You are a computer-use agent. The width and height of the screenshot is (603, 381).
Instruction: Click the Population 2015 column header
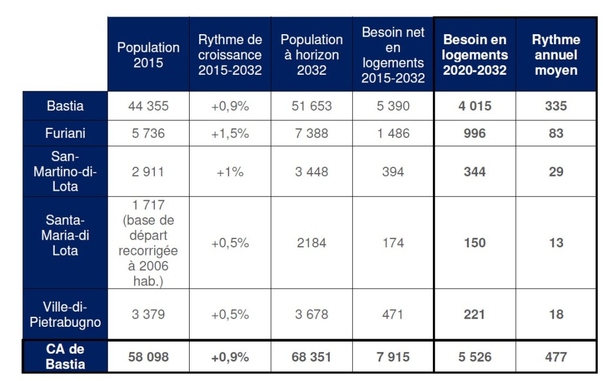click(148, 55)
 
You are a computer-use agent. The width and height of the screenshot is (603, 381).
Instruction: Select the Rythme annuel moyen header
click(556, 55)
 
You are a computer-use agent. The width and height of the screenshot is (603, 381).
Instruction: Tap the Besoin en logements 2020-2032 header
click(475, 55)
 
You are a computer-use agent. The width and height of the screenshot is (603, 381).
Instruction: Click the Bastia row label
click(65, 106)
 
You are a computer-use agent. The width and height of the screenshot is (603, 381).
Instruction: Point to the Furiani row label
click(65, 133)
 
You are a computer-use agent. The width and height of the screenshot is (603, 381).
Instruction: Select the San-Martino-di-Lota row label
click(65, 171)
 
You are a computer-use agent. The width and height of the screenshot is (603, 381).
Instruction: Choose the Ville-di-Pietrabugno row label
click(65, 314)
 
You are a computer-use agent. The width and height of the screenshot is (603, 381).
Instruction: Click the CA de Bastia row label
click(65, 356)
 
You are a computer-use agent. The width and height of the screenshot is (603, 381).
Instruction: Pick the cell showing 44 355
click(148, 106)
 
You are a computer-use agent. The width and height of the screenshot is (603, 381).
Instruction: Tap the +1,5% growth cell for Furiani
click(230, 133)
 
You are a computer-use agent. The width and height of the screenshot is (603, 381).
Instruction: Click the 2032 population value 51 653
click(312, 106)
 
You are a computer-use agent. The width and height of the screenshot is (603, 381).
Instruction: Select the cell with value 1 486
click(393, 133)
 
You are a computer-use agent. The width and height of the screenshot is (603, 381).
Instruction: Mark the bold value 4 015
click(475, 106)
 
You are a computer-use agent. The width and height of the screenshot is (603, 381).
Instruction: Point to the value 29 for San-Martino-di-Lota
click(556, 171)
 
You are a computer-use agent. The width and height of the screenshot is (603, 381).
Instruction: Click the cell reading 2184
click(312, 243)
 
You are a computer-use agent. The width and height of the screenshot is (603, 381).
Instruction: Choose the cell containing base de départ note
click(148, 243)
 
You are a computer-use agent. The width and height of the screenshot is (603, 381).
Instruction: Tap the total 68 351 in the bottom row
click(312, 357)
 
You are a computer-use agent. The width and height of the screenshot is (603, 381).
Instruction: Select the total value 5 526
click(475, 357)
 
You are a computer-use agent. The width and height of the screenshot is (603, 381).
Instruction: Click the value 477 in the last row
click(556, 357)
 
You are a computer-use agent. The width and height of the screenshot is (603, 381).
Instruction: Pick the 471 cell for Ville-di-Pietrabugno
click(393, 314)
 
